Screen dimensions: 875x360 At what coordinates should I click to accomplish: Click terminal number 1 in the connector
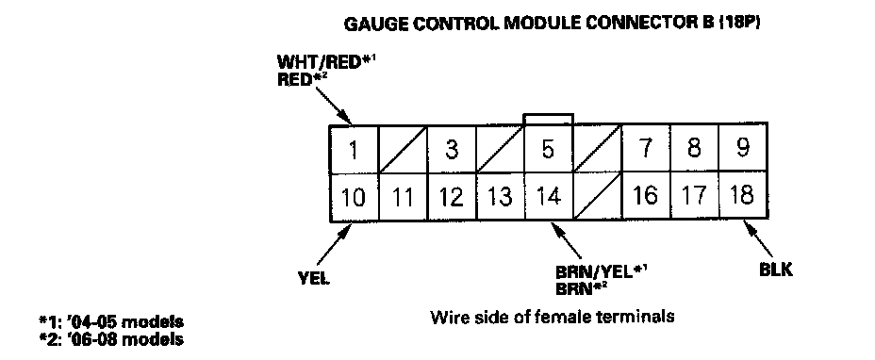pyautogui.click(x=354, y=150)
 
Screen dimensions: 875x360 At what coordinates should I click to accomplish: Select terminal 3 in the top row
pyautogui.click(x=452, y=150)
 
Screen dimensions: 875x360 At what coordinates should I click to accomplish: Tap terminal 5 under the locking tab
pyautogui.click(x=549, y=150)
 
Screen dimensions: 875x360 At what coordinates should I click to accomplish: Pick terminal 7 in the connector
pyautogui.click(x=646, y=149)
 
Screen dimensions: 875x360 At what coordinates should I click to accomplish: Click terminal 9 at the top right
pyautogui.click(x=743, y=149)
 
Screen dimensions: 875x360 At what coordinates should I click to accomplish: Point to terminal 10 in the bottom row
pyautogui.click(x=354, y=197)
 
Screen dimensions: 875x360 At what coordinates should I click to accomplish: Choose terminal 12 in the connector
pyautogui.click(x=452, y=197)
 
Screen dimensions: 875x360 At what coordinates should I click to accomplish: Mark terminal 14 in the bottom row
pyautogui.click(x=549, y=197)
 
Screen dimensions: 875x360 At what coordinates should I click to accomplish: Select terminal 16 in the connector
pyautogui.click(x=646, y=196)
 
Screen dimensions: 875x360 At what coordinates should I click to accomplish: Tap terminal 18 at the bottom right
pyautogui.click(x=743, y=196)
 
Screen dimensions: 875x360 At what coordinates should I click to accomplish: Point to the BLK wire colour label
pyautogui.click(x=776, y=270)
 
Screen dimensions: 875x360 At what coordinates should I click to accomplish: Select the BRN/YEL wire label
pyautogui.click(x=595, y=272)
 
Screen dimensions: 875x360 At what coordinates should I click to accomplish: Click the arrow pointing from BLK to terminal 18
pyautogui.click(x=760, y=238)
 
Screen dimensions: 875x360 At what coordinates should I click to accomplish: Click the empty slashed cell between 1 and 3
pyautogui.click(x=403, y=150)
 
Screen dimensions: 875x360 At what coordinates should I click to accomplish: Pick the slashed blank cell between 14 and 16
pyautogui.click(x=598, y=196)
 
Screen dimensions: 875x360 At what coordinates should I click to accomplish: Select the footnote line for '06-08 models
pyautogui.click(x=110, y=338)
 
